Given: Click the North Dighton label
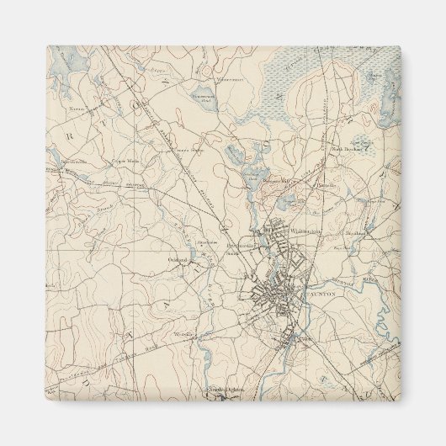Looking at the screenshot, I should (x=226, y=390).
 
